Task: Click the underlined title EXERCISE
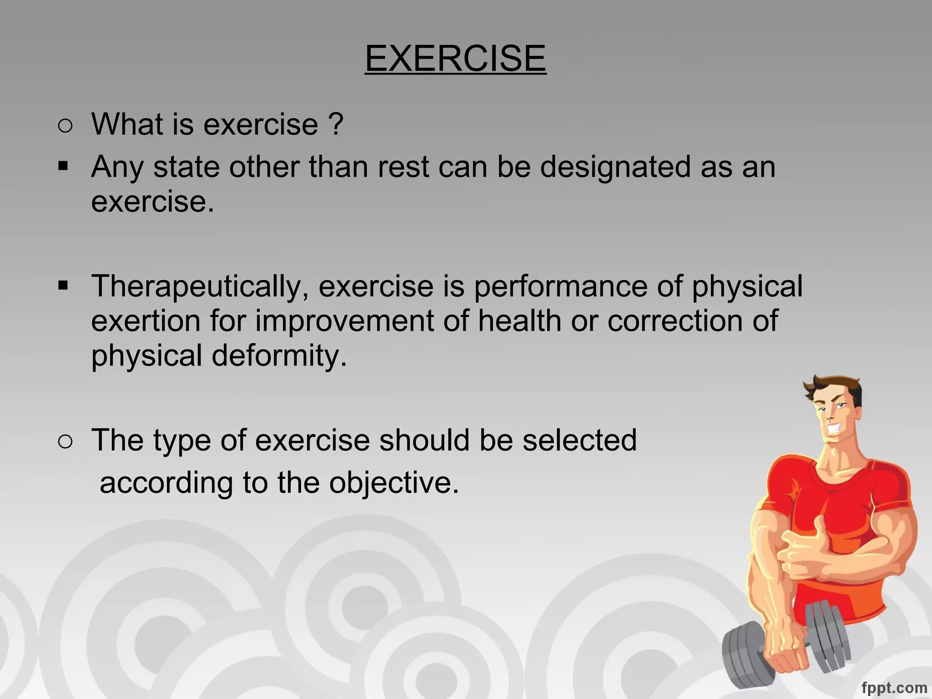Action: tap(455, 58)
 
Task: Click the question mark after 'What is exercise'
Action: tap(335, 124)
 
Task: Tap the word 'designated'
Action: tap(615, 167)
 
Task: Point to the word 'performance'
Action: tap(561, 287)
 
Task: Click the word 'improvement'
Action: tap(344, 321)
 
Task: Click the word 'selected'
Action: tap(579, 440)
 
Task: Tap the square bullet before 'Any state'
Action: tap(63, 166)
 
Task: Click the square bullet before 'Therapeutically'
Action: tap(63, 286)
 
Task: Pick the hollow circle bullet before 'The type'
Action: tap(65, 442)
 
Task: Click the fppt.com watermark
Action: tap(894, 687)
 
